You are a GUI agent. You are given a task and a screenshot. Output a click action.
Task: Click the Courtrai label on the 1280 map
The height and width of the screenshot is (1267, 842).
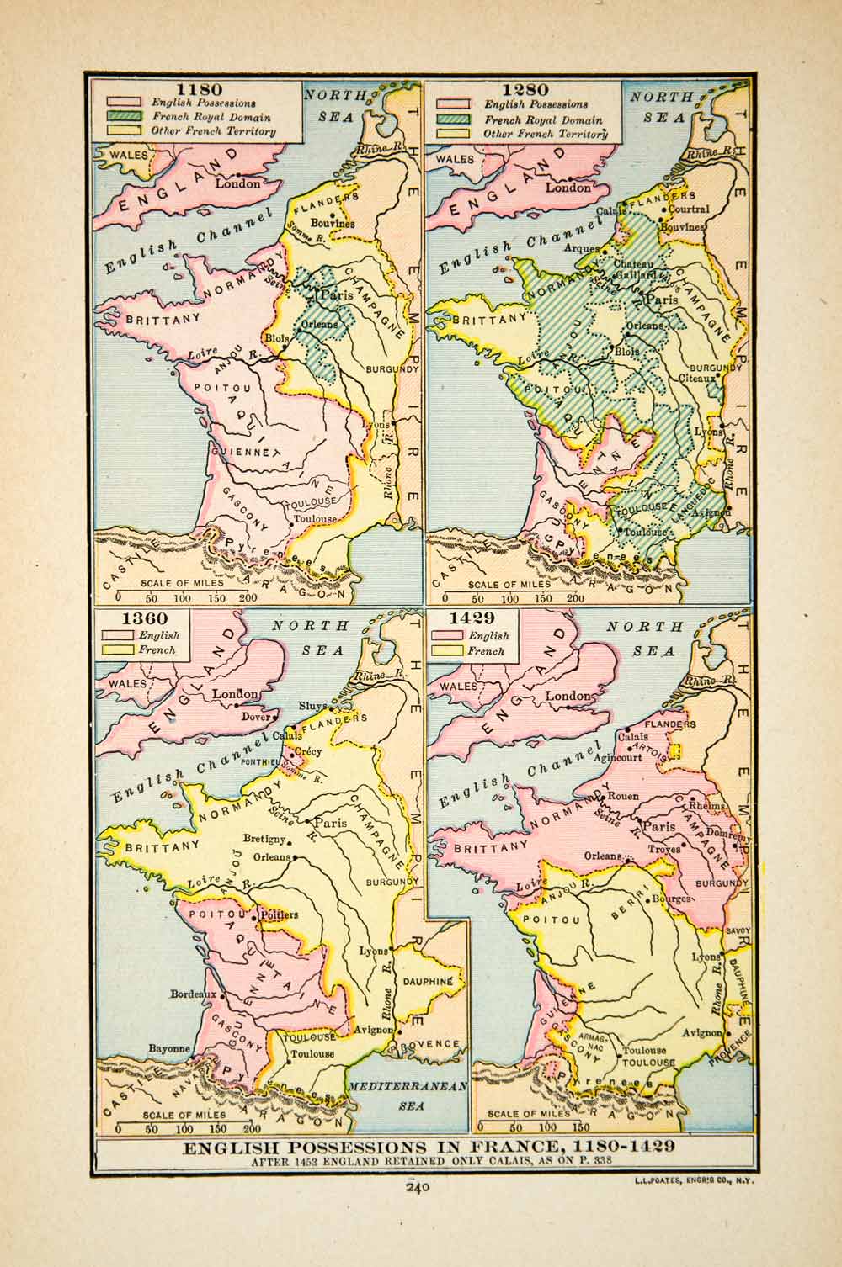690,209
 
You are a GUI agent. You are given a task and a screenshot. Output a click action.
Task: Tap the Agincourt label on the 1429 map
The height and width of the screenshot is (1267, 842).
623,756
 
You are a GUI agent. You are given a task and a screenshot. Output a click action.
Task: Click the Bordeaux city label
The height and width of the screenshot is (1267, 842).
194,994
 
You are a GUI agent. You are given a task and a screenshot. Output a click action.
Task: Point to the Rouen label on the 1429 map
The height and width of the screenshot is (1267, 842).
622,796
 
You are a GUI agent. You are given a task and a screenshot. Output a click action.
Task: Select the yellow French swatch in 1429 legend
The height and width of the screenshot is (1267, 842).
447,650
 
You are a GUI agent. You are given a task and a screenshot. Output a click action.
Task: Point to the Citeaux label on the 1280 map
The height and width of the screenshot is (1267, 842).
701,379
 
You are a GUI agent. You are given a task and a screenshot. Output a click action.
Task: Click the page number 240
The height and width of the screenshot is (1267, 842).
418,1188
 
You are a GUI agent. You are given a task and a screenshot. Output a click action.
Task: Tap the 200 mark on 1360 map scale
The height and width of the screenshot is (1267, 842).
251,1128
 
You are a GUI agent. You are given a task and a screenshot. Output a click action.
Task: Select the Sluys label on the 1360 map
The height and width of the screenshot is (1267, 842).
313,706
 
